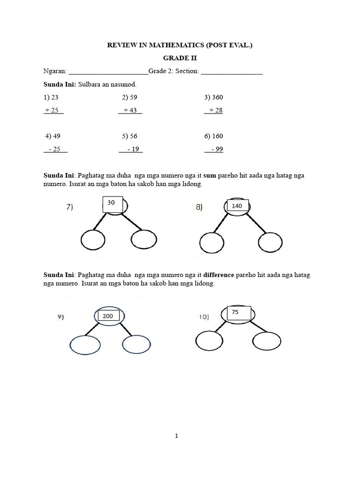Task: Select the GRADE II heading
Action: tap(180, 58)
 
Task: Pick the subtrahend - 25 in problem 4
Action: tap(56, 149)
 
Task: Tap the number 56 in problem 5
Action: tap(134, 136)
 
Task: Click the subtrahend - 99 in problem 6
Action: tap(216, 149)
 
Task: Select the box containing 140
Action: tap(238, 205)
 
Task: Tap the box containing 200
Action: tap(108, 316)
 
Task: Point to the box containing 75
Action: tap(239, 313)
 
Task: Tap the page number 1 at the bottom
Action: tap(176, 435)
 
